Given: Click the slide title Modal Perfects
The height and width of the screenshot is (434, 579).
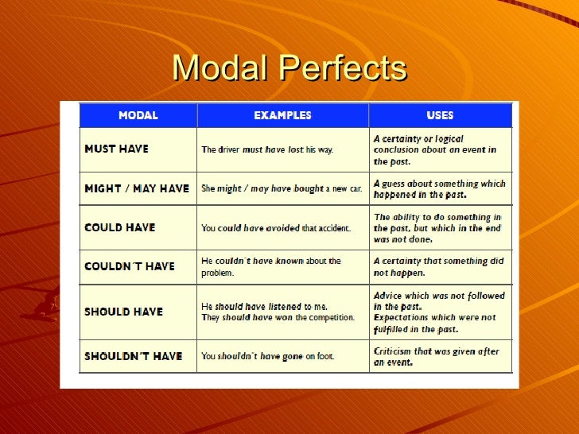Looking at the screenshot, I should point(289,68).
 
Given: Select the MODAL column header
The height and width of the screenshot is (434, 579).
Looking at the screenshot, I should point(138,115).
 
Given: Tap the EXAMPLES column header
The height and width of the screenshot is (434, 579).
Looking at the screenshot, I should point(282,115).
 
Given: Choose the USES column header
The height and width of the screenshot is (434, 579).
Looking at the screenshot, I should point(440,115).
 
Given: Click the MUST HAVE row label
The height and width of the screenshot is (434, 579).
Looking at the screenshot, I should point(116,149).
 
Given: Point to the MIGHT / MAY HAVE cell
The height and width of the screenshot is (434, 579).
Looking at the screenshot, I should point(137,188).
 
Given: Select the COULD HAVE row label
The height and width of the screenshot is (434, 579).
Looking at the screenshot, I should point(119,227).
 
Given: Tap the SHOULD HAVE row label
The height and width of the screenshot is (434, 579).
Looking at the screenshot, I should point(123,312).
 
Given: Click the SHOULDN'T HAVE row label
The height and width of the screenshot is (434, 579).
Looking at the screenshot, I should point(133,356).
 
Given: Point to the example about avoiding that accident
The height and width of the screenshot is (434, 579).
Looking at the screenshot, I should point(275,228).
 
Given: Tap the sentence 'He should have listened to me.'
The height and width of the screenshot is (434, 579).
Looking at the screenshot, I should point(264,306).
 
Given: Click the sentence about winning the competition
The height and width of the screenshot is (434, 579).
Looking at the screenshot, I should point(278,318).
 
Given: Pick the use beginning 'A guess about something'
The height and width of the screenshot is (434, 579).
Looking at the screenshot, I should point(439,188).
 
